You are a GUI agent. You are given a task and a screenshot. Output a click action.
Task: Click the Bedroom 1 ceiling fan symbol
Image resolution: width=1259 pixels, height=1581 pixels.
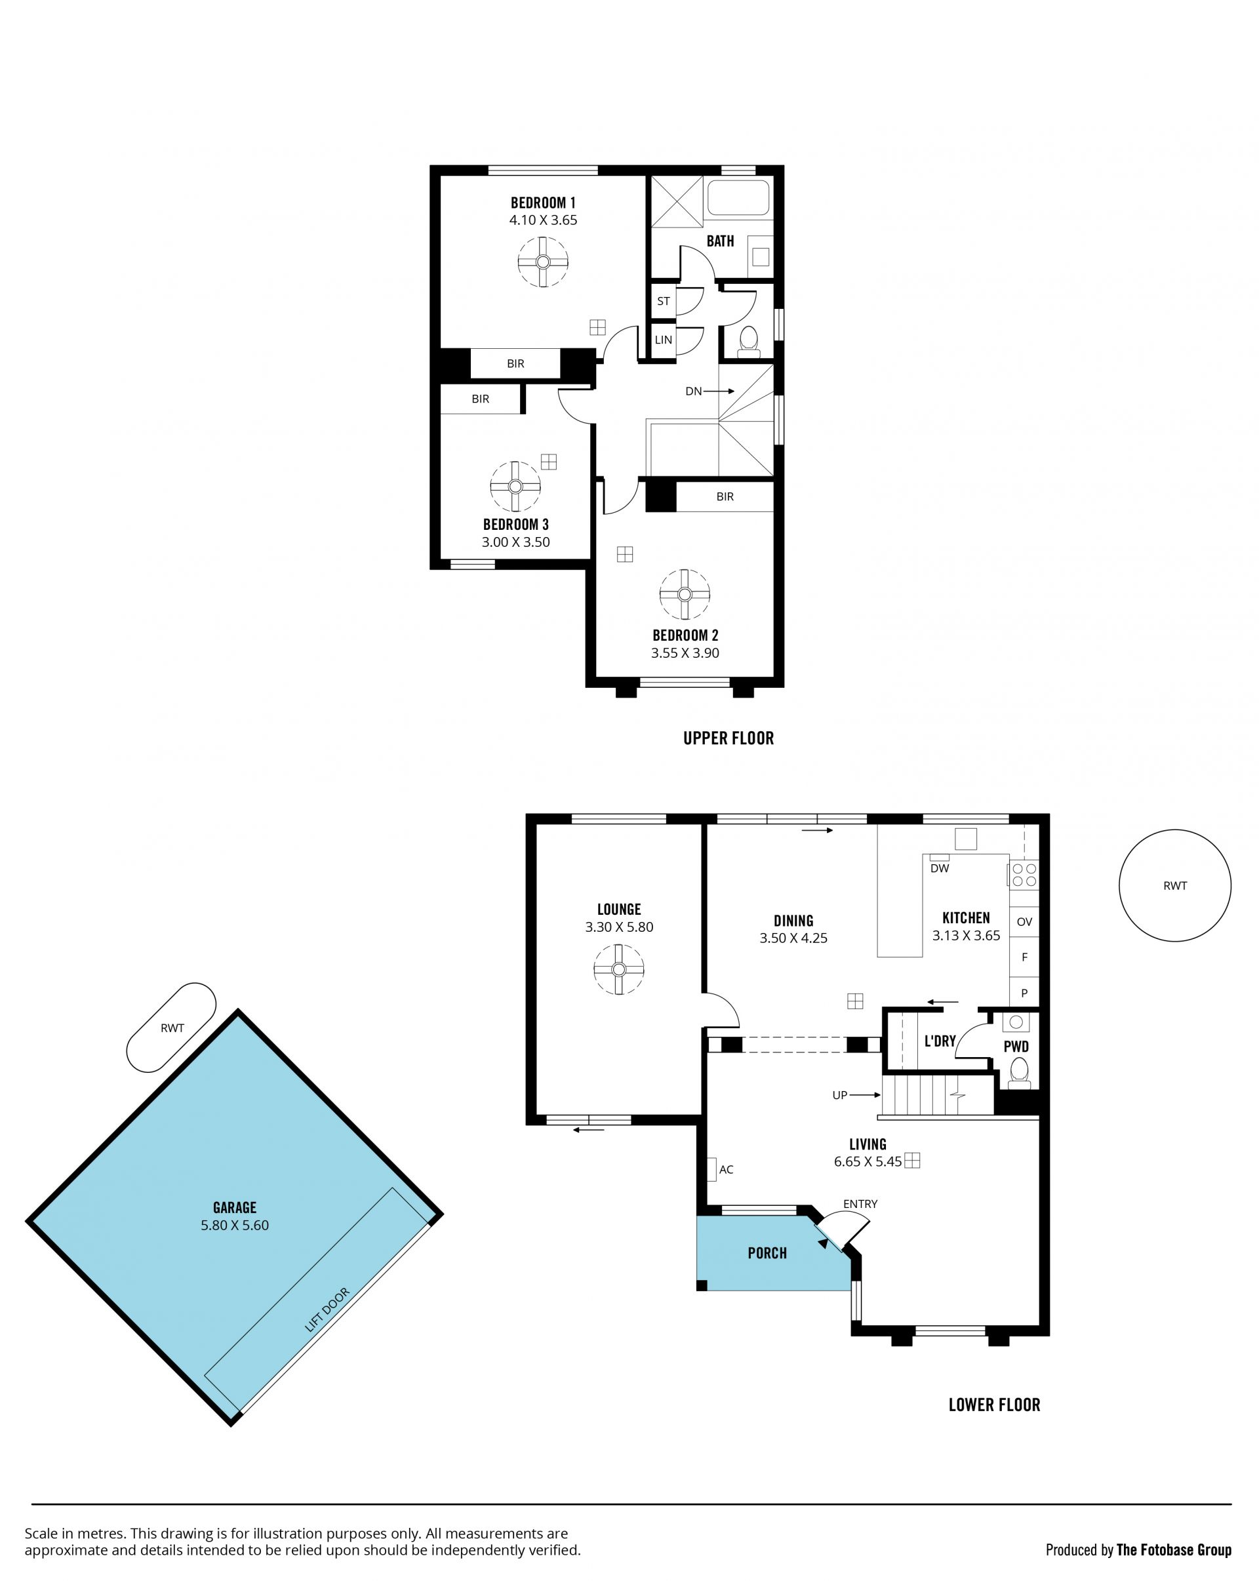click(x=542, y=262)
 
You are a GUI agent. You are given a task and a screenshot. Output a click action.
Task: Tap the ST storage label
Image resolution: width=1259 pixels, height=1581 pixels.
click(x=664, y=302)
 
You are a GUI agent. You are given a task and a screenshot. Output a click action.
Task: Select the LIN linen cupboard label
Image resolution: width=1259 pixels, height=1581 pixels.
click(x=664, y=340)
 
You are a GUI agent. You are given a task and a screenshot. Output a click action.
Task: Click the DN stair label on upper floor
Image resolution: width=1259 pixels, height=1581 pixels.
click(x=694, y=391)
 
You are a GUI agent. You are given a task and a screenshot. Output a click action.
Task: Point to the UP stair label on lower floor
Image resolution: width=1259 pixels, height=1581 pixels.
click(x=839, y=1095)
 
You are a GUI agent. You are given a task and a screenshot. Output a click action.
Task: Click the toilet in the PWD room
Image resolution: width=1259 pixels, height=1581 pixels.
click(x=1019, y=1071)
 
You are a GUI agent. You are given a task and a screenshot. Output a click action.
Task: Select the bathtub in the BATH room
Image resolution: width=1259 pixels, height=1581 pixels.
click(x=738, y=197)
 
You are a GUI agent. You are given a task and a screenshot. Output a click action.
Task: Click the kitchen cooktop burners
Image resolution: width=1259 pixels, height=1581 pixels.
click(x=1024, y=875)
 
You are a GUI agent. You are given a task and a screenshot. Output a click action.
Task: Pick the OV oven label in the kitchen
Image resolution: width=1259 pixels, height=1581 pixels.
click(x=1024, y=922)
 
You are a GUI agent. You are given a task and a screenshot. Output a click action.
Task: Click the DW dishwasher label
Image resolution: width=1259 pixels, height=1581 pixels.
click(x=939, y=868)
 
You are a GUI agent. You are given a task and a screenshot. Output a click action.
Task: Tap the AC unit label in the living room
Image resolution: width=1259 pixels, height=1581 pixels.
click(x=726, y=1170)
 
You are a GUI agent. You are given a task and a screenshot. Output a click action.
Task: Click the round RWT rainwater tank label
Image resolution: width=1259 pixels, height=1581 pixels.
click(x=1174, y=886)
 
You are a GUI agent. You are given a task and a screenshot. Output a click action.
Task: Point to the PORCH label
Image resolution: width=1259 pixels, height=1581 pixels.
click(x=767, y=1253)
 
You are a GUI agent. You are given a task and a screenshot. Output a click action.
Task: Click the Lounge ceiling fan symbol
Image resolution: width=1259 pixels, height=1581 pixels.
click(x=619, y=969)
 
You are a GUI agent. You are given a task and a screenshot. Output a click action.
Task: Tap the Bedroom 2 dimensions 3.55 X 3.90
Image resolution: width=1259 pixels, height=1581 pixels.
click(x=685, y=652)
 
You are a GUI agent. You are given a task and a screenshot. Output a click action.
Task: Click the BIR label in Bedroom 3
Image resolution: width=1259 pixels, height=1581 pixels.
click(x=480, y=399)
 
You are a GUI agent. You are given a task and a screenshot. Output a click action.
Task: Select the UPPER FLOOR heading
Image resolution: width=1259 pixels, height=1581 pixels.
click(x=728, y=738)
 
